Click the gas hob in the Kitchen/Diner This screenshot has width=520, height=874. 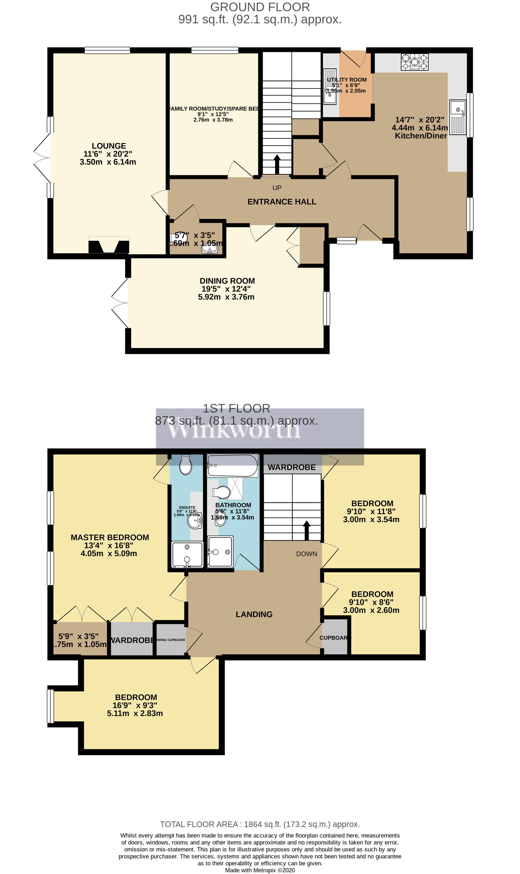point(414,62)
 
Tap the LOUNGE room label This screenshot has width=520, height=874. point(109,146)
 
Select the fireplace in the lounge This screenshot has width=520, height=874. point(109,245)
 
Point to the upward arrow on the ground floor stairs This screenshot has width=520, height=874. point(277,164)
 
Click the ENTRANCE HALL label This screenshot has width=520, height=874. point(282,202)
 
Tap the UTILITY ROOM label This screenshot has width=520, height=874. point(347,80)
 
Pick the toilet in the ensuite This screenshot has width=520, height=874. point(186,465)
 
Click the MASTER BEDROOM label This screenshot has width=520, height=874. point(110,537)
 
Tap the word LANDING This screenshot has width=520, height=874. point(254,614)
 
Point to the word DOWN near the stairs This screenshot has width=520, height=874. point(307,554)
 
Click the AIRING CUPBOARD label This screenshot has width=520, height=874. point(171,640)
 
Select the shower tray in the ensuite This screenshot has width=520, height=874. point(187,554)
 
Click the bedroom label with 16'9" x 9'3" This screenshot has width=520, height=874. point(136,697)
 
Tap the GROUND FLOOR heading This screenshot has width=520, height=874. point(260,7)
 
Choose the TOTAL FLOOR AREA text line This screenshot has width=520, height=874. point(260,824)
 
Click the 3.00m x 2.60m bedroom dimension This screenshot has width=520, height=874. point(371,610)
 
